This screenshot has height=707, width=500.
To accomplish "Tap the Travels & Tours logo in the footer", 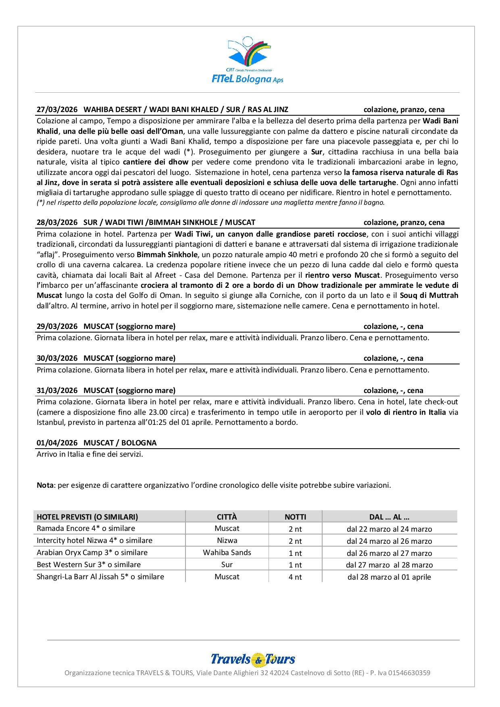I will click(x=253, y=659).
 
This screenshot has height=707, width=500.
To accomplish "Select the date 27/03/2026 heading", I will click(x=57, y=109).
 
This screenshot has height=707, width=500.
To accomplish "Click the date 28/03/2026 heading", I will click(x=57, y=222).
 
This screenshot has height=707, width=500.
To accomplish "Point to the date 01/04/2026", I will click(x=57, y=443).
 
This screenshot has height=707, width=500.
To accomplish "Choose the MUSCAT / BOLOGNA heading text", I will click(x=120, y=443).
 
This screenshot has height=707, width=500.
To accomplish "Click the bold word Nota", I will click(x=45, y=485).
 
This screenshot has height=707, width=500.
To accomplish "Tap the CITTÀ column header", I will click(x=227, y=517).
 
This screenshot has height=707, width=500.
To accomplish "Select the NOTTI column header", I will click(x=295, y=517).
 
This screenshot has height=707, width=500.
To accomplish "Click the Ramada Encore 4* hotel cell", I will click(x=85, y=528).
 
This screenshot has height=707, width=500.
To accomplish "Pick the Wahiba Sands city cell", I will click(x=227, y=553).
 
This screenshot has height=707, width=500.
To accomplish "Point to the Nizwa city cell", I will click(x=227, y=541).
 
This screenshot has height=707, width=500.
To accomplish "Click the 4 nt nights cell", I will click(x=295, y=577).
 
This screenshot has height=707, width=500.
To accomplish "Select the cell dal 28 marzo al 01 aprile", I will click(x=389, y=577).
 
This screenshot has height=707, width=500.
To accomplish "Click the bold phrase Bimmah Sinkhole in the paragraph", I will click(x=167, y=254).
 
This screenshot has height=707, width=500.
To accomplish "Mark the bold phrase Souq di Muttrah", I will click(x=429, y=295).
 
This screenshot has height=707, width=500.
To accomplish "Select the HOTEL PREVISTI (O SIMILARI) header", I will click(x=87, y=517).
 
